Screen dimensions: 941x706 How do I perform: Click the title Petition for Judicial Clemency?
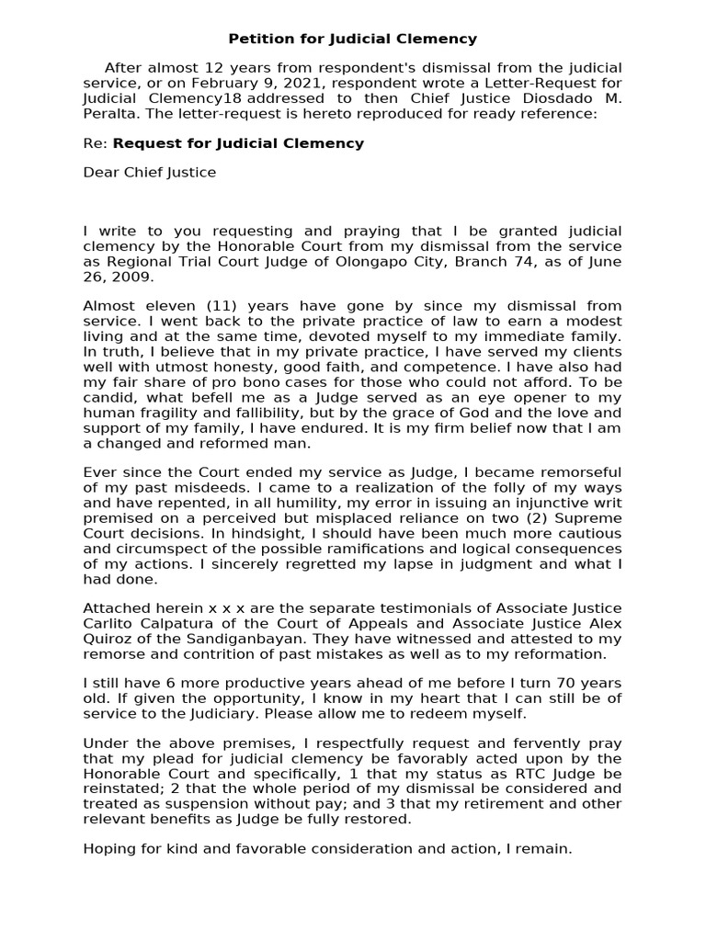pyautogui.click(x=352, y=39)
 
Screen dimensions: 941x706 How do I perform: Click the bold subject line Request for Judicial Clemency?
pyautogui.click(x=238, y=143)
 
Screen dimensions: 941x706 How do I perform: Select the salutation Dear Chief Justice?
pyautogui.click(x=150, y=173)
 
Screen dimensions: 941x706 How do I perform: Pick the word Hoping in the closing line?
pyautogui.click(x=107, y=850)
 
